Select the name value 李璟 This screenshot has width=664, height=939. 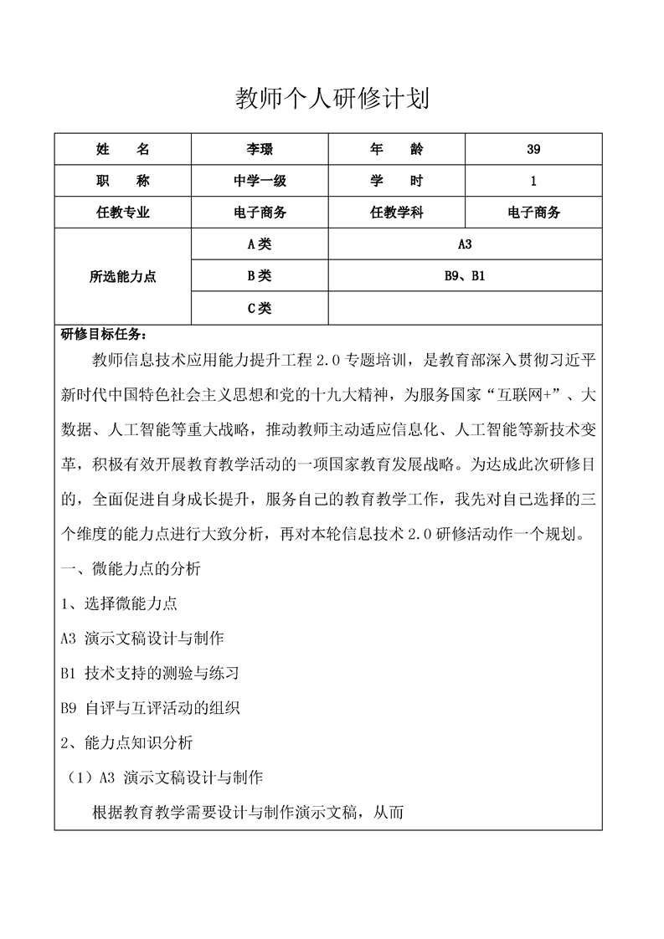click(x=260, y=150)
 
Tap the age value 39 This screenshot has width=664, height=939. click(x=533, y=150)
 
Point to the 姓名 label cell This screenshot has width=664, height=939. click(x=123, y=150)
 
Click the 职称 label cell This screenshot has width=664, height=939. click(x=123, y=181)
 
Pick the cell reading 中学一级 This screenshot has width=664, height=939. click(x=260, y=181)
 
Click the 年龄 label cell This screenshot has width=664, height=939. click(x=396, y=150)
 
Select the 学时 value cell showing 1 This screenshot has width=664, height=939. click(x=533, y=181)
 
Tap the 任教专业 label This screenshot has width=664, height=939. click(x=123, y=213)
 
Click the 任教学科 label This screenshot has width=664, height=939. click(x=396, y=213)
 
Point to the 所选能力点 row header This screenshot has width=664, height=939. click(x=123, y=276)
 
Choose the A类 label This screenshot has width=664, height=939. click(x=260, y=244)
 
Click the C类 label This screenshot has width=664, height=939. click(x=260, y=308)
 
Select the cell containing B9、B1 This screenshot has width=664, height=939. click(x=465, y=275)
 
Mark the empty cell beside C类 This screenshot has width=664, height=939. click(x=465, y=308)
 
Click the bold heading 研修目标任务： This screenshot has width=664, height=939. click(x=104, y=335)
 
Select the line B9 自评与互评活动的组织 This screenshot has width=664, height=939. click(x=151, y=707)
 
